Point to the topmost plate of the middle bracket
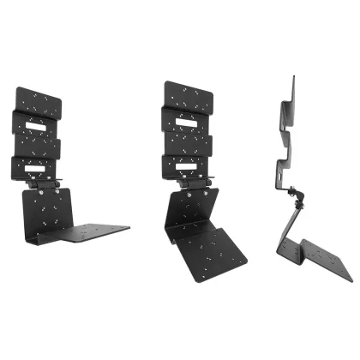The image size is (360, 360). tap(189, 99)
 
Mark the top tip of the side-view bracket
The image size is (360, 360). tap(292, 80)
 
